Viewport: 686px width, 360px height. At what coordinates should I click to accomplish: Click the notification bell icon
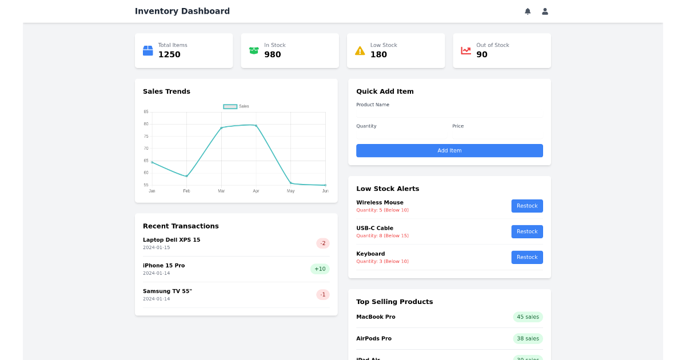[x=528, y=11]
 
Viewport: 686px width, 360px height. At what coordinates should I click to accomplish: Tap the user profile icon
[x=545, y=11]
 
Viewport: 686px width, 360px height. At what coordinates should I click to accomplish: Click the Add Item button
[x=449, y=151]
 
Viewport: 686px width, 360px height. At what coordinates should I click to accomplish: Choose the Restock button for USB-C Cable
[x=527, y=231]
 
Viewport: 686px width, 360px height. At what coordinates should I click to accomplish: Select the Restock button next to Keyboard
[x=527, y=257]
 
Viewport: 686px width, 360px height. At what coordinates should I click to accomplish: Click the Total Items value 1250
[x=169, y=55]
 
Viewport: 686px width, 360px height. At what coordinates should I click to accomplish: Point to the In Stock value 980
[x=273, y=55]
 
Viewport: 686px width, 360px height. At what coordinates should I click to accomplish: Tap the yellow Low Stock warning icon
[x=360, y=51]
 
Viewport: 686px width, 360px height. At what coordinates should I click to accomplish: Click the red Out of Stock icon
[x=466, y=51]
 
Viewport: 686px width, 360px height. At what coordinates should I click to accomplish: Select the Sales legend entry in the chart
[x=236, y=106]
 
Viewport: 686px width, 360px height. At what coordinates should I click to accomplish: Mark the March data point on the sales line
[x=221, y=128]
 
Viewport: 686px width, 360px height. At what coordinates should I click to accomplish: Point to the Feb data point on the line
[x=186, y=176]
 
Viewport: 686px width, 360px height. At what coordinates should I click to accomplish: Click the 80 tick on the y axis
[x=146, y=124]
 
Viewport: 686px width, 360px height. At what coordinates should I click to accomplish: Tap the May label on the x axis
[x=290, y=191]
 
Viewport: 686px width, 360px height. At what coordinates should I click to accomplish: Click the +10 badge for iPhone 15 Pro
[x=320, y=269]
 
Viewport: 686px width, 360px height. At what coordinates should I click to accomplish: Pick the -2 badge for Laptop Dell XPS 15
[x=323, y=243]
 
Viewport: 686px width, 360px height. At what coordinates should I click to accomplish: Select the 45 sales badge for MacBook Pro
[x=528, y=317]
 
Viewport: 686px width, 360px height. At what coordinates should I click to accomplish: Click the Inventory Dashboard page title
[x=182, y=11]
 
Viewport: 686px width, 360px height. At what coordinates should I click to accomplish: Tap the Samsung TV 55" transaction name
[x=167, y=291]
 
